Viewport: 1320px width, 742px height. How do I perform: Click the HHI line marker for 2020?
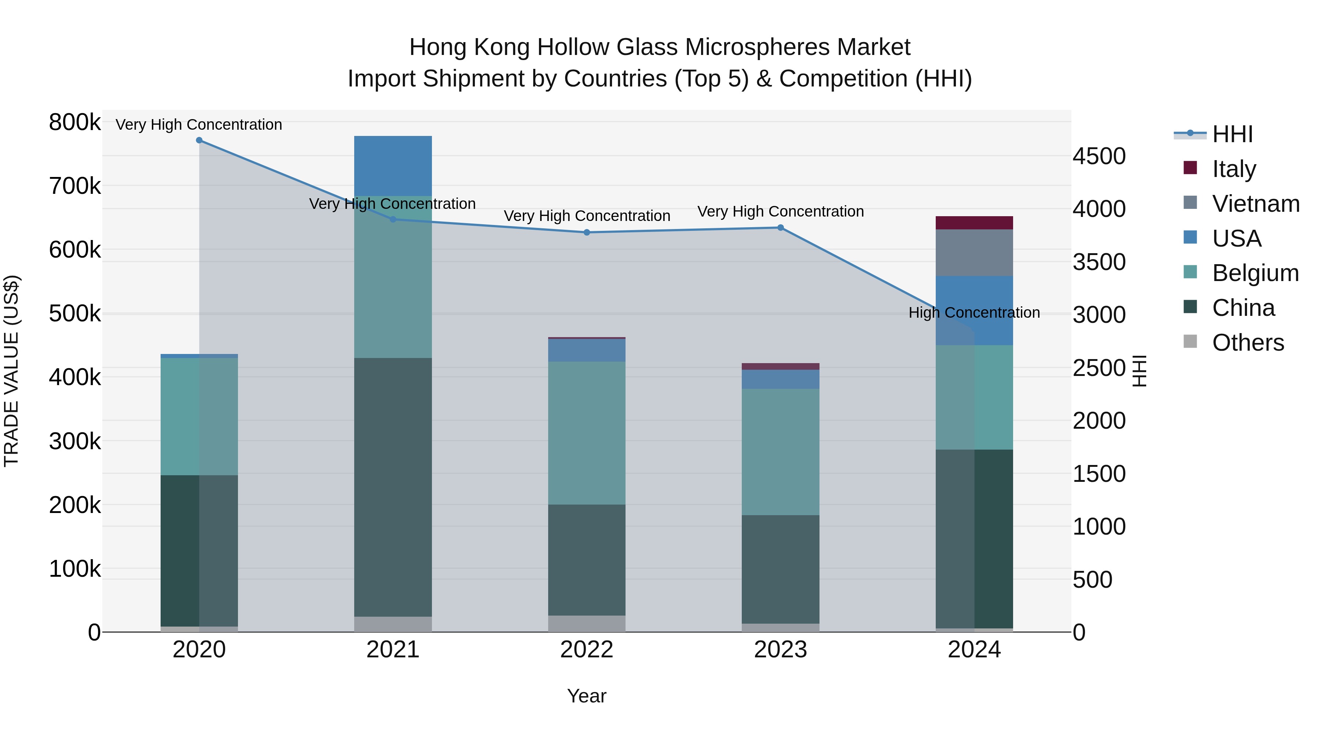click(x=199, y=140)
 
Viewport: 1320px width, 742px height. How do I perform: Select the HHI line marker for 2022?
click(x=587, y=232)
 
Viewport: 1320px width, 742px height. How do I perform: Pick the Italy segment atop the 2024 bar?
click(x=974, y=223)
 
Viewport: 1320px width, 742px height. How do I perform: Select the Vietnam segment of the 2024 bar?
click(x=974, y=252)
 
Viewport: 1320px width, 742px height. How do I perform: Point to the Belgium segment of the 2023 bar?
click(x=780, y=452)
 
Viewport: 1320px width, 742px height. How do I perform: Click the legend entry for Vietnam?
click(x=1255, y=204)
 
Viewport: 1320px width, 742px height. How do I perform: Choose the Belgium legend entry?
click(x=1255, y=273)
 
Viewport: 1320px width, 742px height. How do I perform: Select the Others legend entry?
click(x=1248, y=343)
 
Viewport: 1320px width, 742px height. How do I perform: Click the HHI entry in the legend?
click(x=1232, y=134)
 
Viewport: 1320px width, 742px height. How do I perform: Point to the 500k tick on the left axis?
click(x=75, y=313)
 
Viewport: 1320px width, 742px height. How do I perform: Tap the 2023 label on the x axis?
click(x=780, y=650)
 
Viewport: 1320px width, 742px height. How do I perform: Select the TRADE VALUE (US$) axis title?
click(x=12, y=371)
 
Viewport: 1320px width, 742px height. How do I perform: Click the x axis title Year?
click(x=587, y=696)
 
